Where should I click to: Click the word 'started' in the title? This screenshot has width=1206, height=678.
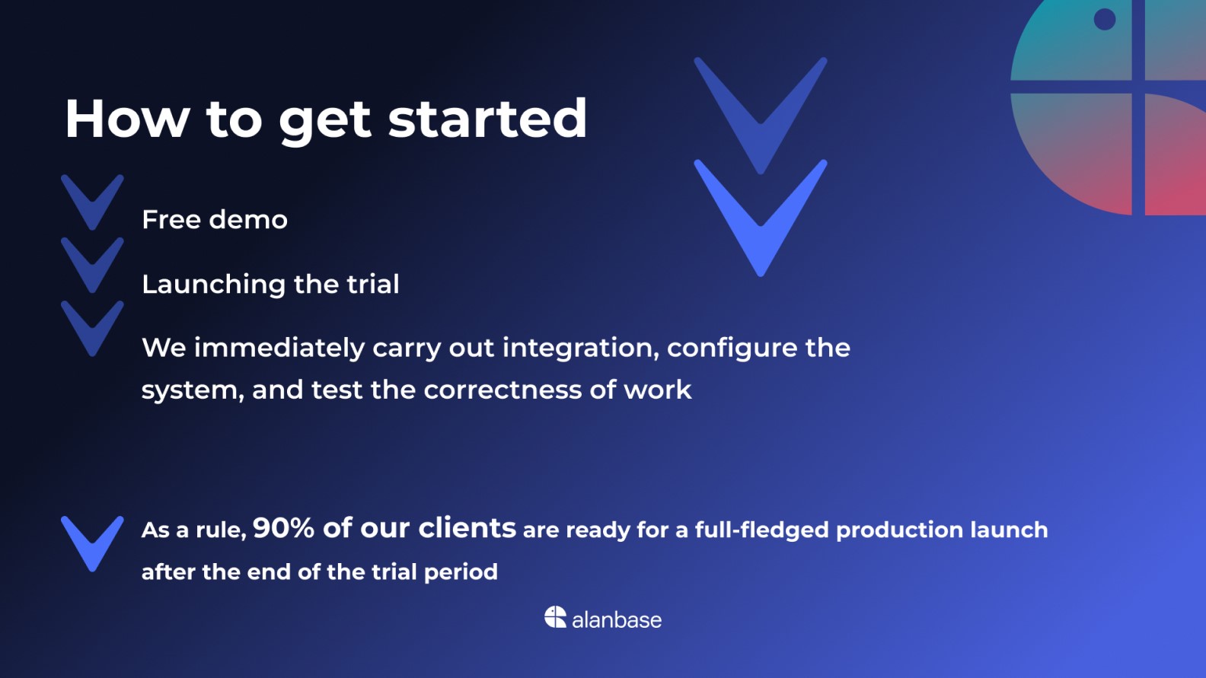coord(487,119)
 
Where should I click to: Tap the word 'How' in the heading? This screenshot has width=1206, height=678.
coord(128,119)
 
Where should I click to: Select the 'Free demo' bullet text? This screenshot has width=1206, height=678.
coord(214,220)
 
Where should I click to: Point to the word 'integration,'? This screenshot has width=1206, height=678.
coord(581,349)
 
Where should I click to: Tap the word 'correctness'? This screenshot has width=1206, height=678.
coord(502,390)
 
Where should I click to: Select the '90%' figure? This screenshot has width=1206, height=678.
coord(283,527)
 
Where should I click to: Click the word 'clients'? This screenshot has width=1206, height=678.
coord(467,527)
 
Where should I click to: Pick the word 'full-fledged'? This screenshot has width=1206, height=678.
coord(762,530)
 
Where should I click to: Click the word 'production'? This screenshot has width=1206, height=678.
coord(899,530)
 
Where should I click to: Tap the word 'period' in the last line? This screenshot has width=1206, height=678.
coord(461,572)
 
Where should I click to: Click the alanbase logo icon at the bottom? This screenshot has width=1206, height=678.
coord(555,617)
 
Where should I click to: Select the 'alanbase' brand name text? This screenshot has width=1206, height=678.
coord(617,620)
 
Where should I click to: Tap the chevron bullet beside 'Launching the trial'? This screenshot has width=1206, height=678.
coord(92,266)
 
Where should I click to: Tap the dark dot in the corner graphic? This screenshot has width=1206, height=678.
coord(1105,19)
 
